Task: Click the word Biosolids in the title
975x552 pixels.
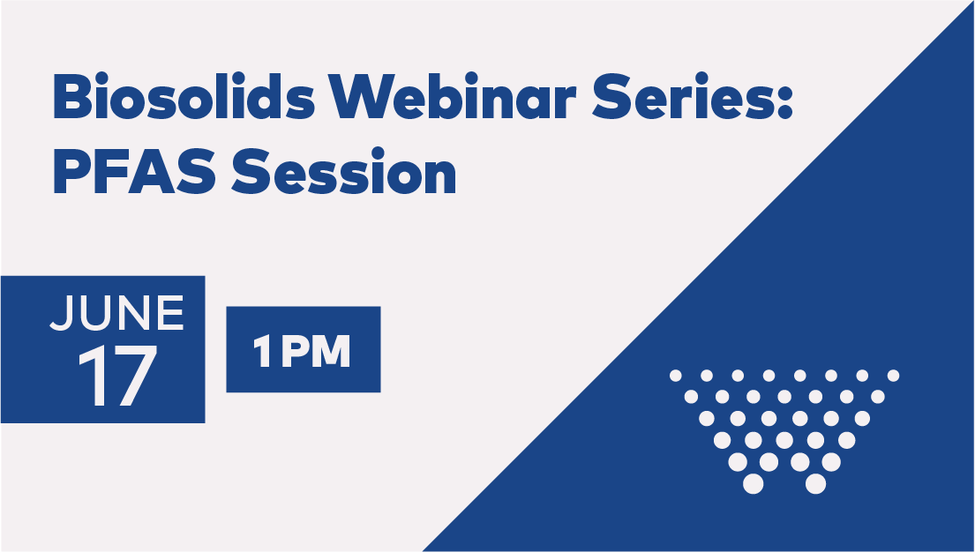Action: (x=184, y=96)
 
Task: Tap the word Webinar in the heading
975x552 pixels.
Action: (x=453, y=96)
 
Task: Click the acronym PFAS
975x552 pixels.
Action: (x=134, y=171)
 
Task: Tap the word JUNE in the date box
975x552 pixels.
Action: (x=116, y=313)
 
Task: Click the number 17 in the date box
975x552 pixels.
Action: (x=117, y=376)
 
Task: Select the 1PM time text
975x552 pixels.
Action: (x=302, y=351)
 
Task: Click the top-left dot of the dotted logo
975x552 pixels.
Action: (x=676, y=376)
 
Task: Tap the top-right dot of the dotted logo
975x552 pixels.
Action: (x=894, y=376)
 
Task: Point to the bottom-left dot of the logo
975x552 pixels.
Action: (x=753, y=483)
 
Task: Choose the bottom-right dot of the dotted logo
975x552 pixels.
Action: (x=816, y=483)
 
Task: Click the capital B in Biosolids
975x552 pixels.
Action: (x=72, y=96)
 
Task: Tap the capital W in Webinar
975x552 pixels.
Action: (x=364, y=96)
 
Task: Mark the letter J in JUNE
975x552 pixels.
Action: (x=60, y=313)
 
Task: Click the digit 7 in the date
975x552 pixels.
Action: (x=135, y=376)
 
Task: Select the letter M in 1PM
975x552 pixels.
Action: (x=333, y=352)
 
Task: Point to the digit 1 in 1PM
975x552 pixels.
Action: (x=262, y=352)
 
